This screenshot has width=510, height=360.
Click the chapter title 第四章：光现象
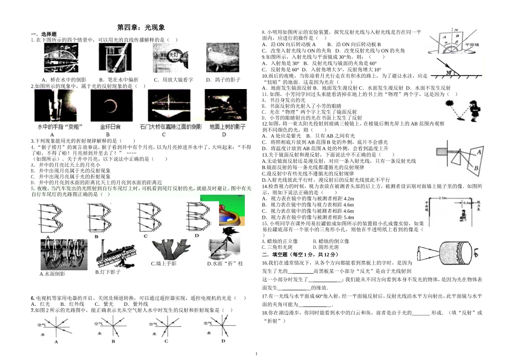pyautogui.click(x=141, y=27)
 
